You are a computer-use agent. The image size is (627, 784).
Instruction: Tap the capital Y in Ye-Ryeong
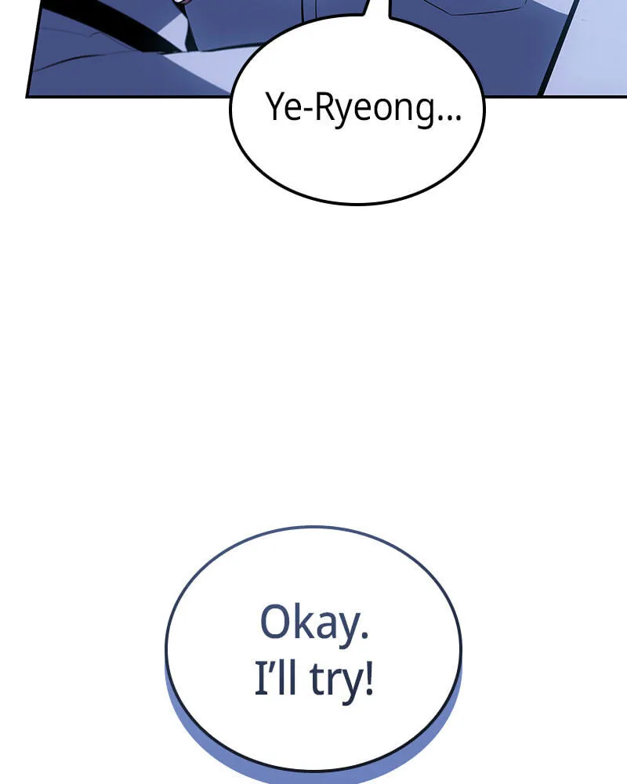[274, 106]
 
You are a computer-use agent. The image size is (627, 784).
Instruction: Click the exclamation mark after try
[369, 678]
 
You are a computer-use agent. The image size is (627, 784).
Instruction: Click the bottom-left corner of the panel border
[27, 96]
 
